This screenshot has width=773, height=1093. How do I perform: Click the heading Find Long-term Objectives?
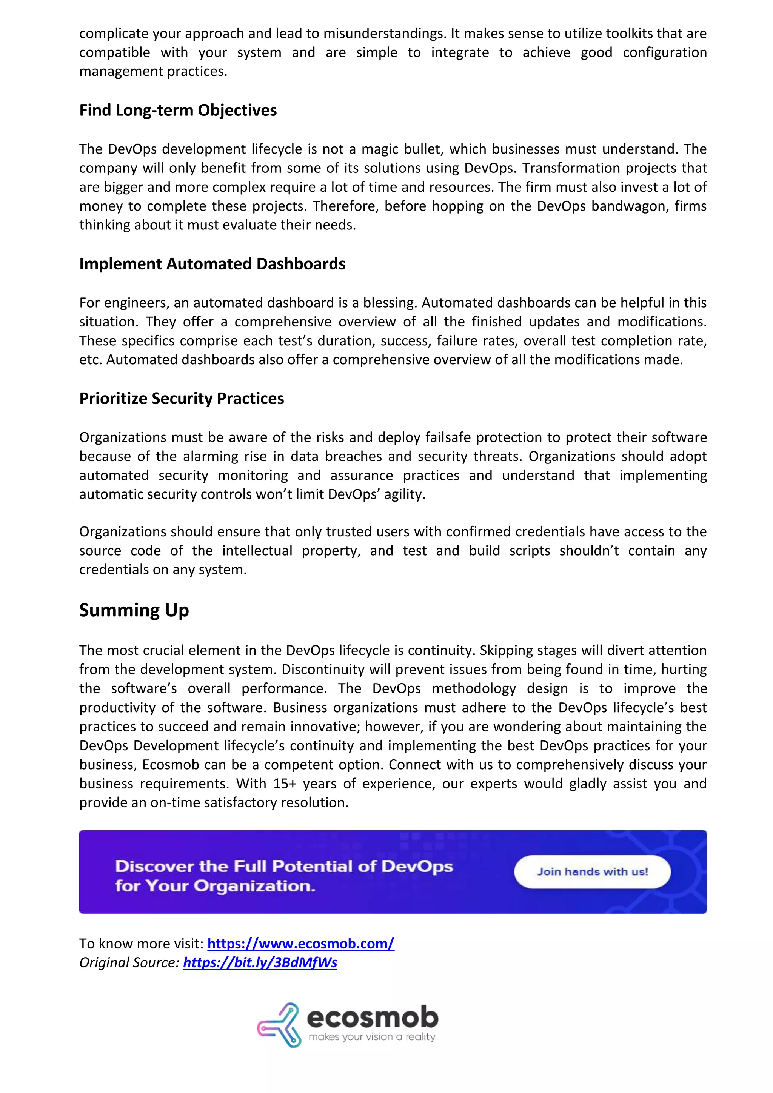(178, 111)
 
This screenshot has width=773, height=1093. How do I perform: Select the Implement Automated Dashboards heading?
(212, 264)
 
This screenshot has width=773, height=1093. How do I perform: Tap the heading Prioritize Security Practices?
(181, 399)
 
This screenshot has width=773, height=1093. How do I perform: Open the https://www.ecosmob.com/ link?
(301, 944)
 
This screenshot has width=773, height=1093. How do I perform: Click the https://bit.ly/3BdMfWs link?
(260, 962)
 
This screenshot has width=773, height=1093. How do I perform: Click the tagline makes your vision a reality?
(372, 1037)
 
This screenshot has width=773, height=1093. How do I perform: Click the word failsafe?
(448, 437)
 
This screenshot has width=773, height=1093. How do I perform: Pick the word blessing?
(390, 303)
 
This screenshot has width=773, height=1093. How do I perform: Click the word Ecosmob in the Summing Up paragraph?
(170, 765)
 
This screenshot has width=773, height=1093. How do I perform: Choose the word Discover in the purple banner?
(154, 867)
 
